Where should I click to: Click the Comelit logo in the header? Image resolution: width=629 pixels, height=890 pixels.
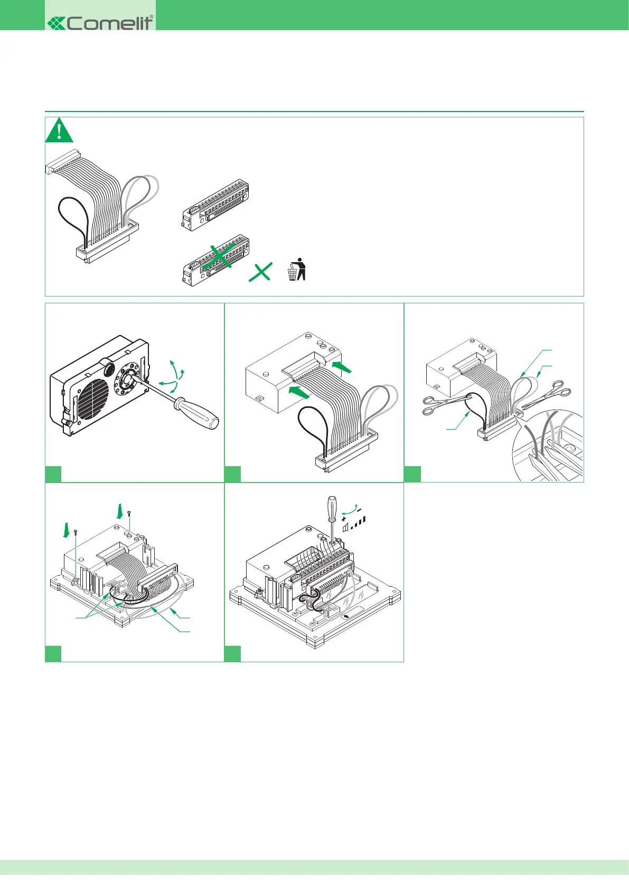pos(100,22)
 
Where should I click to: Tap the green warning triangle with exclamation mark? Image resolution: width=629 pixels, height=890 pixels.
pos(59,131)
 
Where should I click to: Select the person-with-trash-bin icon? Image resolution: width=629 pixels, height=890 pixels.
pos(297,269)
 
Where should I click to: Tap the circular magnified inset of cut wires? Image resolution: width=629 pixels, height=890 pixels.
pos(549,447)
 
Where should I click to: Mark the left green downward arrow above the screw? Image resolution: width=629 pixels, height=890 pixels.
pos(67,529)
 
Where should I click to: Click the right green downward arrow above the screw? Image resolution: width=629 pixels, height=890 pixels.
pos(120,511)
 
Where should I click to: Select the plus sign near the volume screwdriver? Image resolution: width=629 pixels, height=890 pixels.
pos(344,520)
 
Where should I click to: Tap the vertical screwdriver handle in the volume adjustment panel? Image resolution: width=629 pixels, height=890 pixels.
pos(332,507)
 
